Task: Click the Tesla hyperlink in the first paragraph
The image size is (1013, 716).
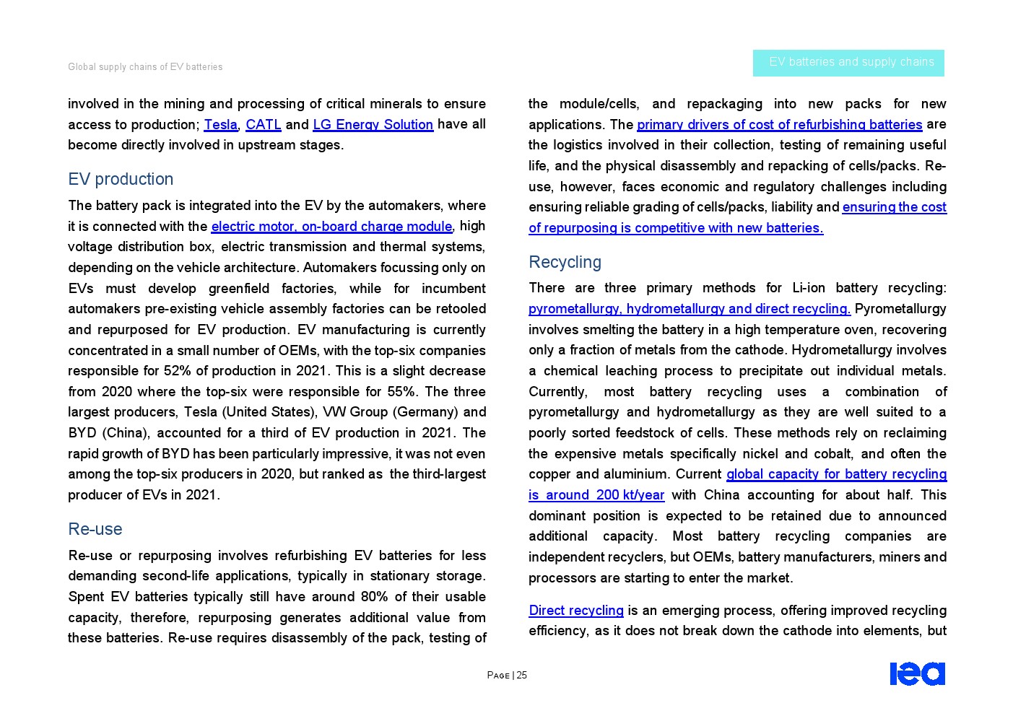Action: pos(220,125)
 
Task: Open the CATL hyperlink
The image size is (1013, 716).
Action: pos(263,125)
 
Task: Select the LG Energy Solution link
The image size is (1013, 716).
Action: pos(373,125)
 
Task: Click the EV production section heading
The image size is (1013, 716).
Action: pos(121,179)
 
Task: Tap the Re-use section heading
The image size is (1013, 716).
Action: pos(95,529)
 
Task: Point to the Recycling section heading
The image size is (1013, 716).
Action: pos(565,262)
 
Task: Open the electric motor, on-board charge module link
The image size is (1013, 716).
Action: pos(331,227)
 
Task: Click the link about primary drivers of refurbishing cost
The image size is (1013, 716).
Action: pos(779,125)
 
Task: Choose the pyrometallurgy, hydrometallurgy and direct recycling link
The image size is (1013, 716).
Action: pos(689,309)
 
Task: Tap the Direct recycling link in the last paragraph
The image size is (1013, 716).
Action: pos(575,611)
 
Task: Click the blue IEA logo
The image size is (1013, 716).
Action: pos(917,673)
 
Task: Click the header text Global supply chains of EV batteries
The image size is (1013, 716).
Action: pos(145,67)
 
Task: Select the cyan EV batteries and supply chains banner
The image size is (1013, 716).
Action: pos(848,63)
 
